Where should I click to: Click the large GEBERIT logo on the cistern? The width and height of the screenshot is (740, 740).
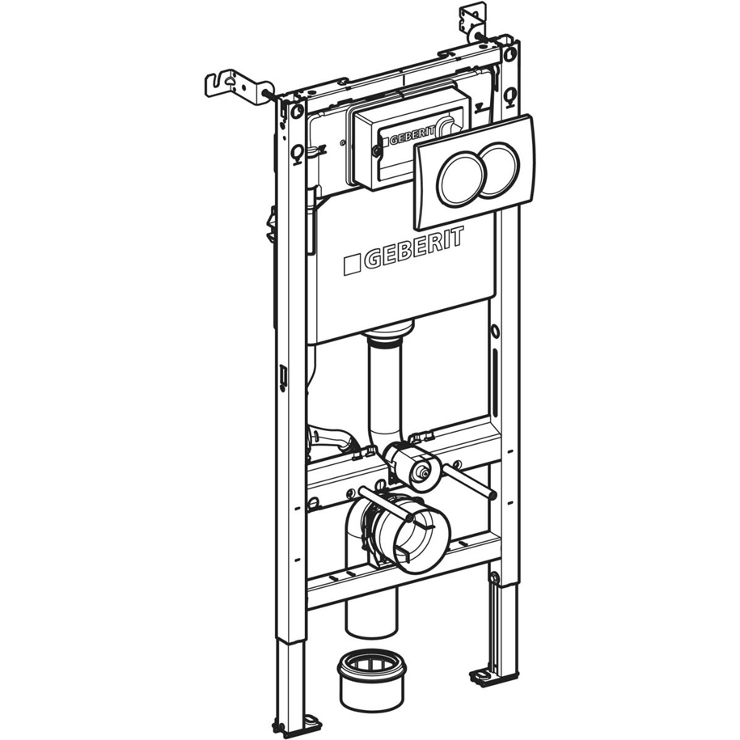tap(404, 251)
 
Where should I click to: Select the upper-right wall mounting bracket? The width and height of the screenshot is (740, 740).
tap(470, 23)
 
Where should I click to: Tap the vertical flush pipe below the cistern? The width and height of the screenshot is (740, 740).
tap(386, 383)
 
